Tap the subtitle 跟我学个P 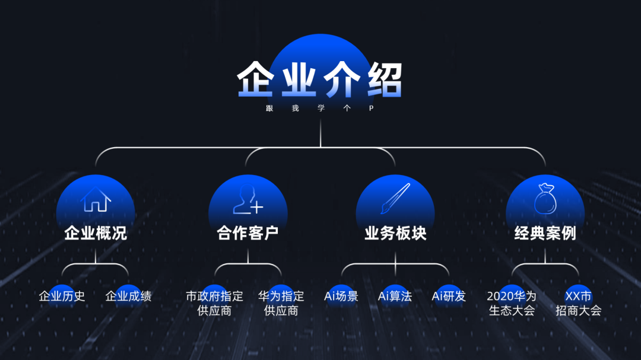[320, 109]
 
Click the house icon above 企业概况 [96, 199]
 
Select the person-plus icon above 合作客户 [247, 199]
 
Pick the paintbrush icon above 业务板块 [395, 199]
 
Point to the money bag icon [545, 199]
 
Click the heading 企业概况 [96, 233]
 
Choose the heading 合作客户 [247, 233]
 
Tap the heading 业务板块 [395, 233]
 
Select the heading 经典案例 [545, 233]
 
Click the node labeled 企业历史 [62, 296]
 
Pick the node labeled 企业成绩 [128, 296]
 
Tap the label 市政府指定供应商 [214, 302]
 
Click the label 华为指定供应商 [281, 302]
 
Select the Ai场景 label [341, 296]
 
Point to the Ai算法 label [395, 296]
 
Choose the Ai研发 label [449, 296]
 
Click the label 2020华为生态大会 [512, 302]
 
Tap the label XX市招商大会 [578, 302]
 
